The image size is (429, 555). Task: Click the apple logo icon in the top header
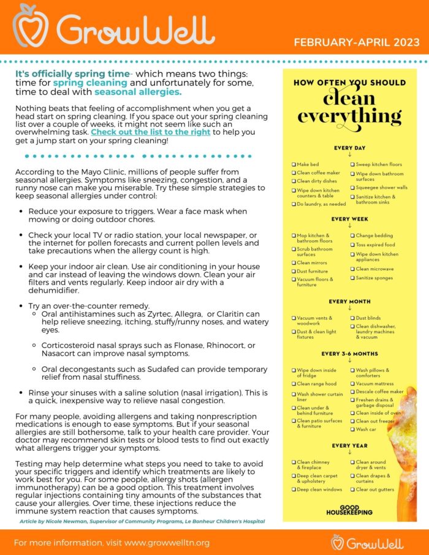[x=31, y=26]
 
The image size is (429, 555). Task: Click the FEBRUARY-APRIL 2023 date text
[x=357, y=42]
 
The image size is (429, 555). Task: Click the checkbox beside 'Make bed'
[x=293, y=165]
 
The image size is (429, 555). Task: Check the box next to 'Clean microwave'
[x=352, y=269]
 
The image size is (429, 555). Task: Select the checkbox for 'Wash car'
[x=352, y=429]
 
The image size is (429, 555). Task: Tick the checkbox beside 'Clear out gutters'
[x=352, y=490]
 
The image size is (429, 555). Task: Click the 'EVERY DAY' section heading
[x=349, y=148]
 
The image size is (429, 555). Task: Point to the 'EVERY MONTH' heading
[x=349, y=301]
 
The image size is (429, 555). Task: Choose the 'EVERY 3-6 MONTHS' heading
[x=349, y=353]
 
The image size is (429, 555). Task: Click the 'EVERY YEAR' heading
[x=349, y=445]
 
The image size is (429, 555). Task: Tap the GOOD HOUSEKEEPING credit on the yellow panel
[x=349, y=511]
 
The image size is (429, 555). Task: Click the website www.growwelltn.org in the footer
[x=158, y=543]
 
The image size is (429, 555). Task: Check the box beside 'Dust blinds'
[x=352, y=319]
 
